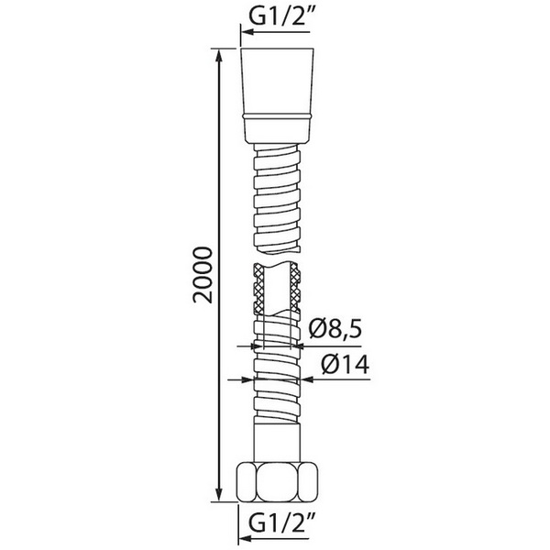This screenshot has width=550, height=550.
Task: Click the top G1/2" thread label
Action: [280, 15]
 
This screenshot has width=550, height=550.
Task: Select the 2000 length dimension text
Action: [203, 275]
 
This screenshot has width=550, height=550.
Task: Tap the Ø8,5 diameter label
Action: [335, 329]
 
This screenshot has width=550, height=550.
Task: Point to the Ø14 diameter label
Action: [346, 365]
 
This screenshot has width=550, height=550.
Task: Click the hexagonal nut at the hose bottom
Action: [278, 482]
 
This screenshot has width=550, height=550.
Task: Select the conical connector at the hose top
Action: [277, 95]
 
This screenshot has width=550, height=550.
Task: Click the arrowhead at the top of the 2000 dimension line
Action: [219, 57]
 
